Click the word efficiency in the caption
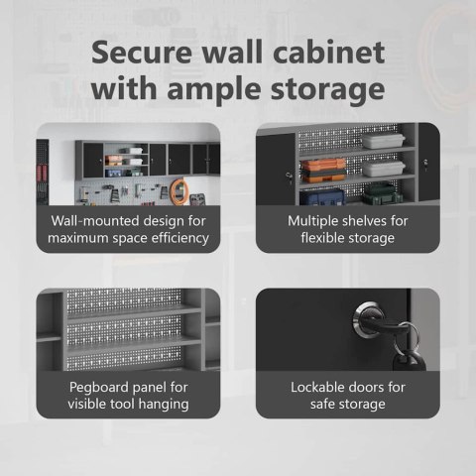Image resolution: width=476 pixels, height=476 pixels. tap(178, 238)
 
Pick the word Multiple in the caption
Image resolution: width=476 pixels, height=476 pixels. tap(312, 221)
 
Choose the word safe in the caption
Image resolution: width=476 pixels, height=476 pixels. tap(322, 404)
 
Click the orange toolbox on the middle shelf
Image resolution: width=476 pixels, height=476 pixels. tap(323, 171)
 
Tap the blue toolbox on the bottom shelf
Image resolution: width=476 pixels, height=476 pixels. tap(322, 197)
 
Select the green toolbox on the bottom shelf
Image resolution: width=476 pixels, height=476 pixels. tap(382, 194)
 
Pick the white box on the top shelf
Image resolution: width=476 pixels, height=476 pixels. tap(384, 141)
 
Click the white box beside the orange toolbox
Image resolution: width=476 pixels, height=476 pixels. tap(384, 168)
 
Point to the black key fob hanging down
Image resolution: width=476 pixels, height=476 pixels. tap(410, 360)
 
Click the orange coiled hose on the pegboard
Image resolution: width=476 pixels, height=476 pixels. tap(178, 189)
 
